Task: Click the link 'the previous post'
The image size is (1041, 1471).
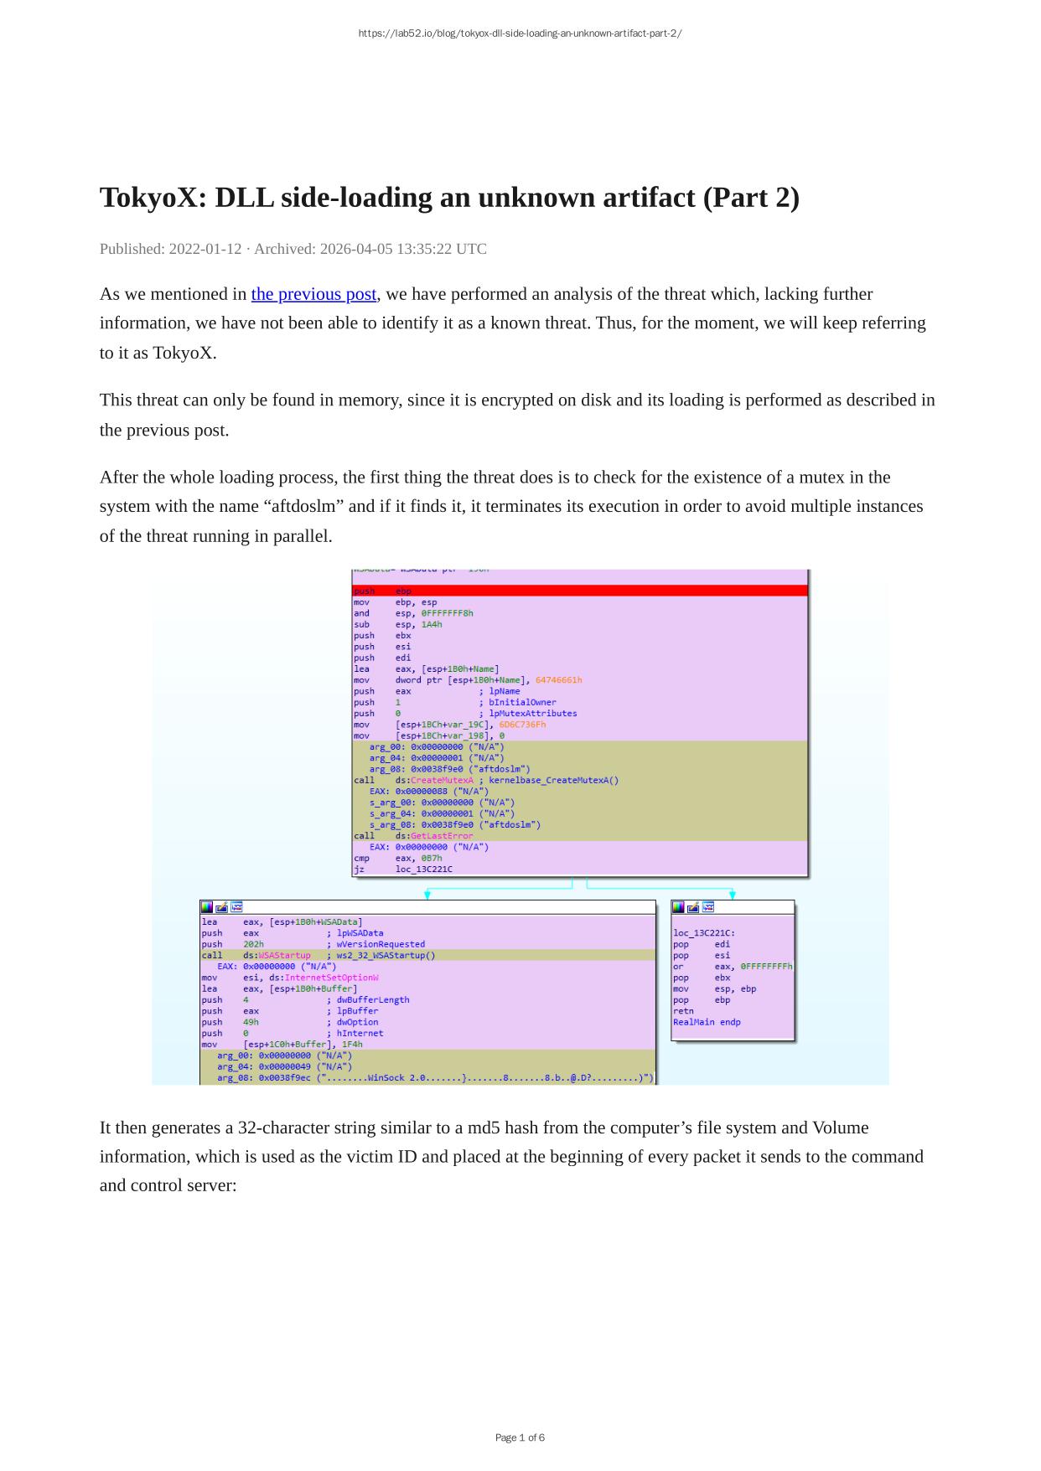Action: (x=313, y=294)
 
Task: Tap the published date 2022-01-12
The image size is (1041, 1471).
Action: (x=205, y=249)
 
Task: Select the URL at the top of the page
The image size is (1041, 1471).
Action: (x=520, y=34)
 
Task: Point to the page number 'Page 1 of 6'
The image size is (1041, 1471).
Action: (x=520, y=1437)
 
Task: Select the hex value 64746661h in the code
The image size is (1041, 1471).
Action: (x=558, y=680)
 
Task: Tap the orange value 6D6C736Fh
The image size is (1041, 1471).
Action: (x=521, y=725)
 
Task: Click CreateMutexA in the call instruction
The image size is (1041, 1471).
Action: (x=442, y=781)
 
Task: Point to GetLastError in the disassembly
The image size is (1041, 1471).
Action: (x=442, y=836)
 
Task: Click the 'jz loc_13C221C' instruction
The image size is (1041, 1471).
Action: (x=402, y=870)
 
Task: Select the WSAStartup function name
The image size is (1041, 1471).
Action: (x=284, y=956)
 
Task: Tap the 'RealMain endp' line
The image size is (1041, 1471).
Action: (x=707, y=1022)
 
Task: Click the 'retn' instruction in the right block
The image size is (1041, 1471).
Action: (x=683, y=1011)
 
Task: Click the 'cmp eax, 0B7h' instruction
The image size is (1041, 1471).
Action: (x=397, y=859)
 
